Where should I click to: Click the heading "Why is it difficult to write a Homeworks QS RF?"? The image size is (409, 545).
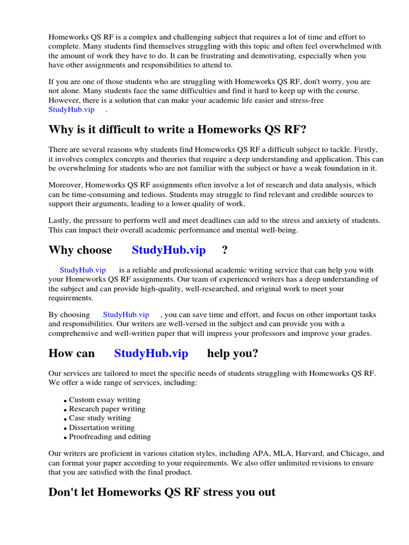(177, 129)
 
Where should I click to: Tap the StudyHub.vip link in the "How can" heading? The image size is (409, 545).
(151, 353)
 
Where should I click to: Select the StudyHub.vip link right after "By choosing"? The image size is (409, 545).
(126, 315)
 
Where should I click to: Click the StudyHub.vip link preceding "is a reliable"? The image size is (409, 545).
(83, 270)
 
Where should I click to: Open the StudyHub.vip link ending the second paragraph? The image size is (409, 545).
(71, 109)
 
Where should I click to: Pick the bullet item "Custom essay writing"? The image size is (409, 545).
(104, 400)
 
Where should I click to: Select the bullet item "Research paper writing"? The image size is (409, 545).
(107, 409)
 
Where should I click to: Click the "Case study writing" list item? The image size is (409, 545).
(100, 418)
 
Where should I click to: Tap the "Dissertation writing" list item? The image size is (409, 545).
(102, 427)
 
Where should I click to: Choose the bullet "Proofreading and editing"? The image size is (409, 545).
(110, 437)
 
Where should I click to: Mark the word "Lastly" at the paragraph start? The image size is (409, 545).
(59, 220)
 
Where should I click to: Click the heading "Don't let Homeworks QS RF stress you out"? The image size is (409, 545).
(162, 492)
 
